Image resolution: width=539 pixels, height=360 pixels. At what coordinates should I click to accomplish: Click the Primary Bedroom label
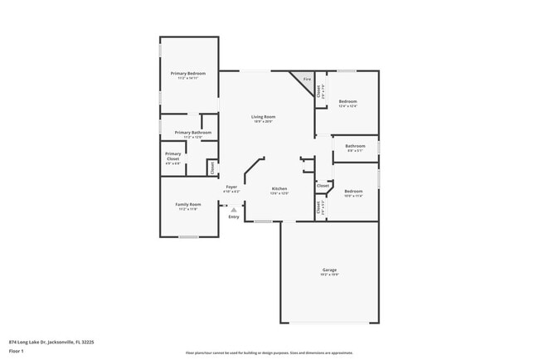[x=188, y=73]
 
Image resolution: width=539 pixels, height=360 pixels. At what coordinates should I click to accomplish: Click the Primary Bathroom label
[x=192, y=133]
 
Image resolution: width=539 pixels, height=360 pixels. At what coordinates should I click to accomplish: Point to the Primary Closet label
[x=172, y=156]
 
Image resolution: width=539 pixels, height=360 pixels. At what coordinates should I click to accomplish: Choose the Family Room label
[x=187, y=204]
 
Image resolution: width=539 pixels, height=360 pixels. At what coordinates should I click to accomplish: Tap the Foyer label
[x=232, y=187]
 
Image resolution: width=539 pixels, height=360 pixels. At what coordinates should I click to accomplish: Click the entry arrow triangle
[x=234, y=210]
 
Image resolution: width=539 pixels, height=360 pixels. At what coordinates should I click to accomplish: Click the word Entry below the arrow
[x=234, y=217]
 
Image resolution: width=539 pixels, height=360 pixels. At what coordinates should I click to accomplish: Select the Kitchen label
[x=279, y=189]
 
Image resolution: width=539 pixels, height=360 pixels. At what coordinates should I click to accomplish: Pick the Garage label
[x=329, y=270]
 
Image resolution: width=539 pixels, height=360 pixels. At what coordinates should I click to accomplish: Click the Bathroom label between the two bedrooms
[x=355, y=146]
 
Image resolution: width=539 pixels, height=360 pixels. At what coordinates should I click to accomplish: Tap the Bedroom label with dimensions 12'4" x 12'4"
[x=347, y=101]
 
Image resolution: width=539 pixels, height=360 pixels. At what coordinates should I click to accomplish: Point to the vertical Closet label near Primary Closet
[x=211, y=168]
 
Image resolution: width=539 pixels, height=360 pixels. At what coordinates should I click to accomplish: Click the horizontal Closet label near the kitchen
[x=323, y=186]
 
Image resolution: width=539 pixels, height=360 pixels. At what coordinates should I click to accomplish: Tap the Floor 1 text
[x=17, y=351]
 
